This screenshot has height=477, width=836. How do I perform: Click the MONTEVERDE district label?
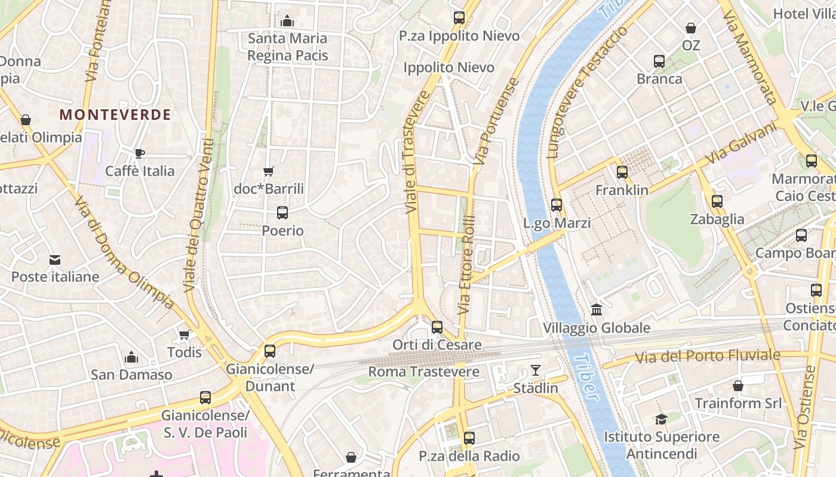coord(115,114)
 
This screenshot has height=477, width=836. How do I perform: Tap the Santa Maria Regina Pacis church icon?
coord(287,21)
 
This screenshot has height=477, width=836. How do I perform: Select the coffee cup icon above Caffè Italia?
coord(139,153)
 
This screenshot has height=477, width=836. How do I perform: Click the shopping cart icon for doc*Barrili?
coord(269,172)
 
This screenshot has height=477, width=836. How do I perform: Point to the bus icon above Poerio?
coord(282,212)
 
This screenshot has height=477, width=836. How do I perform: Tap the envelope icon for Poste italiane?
coord(55,259)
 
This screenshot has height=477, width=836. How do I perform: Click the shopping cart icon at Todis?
coord(184,334)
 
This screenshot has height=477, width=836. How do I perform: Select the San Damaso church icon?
coord(131,357)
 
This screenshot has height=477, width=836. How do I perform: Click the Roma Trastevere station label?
coord(423,372)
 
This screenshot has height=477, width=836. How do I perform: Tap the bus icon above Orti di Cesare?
coord(437,327)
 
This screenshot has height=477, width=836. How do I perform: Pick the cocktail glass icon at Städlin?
coord(536,370)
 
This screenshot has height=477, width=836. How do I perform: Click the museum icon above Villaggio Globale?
coord(597,309)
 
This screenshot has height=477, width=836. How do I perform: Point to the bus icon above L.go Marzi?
coord(557,205)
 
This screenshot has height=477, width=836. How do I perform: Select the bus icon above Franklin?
coord(622,172)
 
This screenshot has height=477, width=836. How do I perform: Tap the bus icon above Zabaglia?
coord(717,202)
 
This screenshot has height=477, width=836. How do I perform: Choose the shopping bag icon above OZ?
coord(691,27)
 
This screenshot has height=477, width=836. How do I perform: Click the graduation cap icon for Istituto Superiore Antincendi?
coord(661,419)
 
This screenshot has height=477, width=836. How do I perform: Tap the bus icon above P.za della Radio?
coord(469,438)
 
